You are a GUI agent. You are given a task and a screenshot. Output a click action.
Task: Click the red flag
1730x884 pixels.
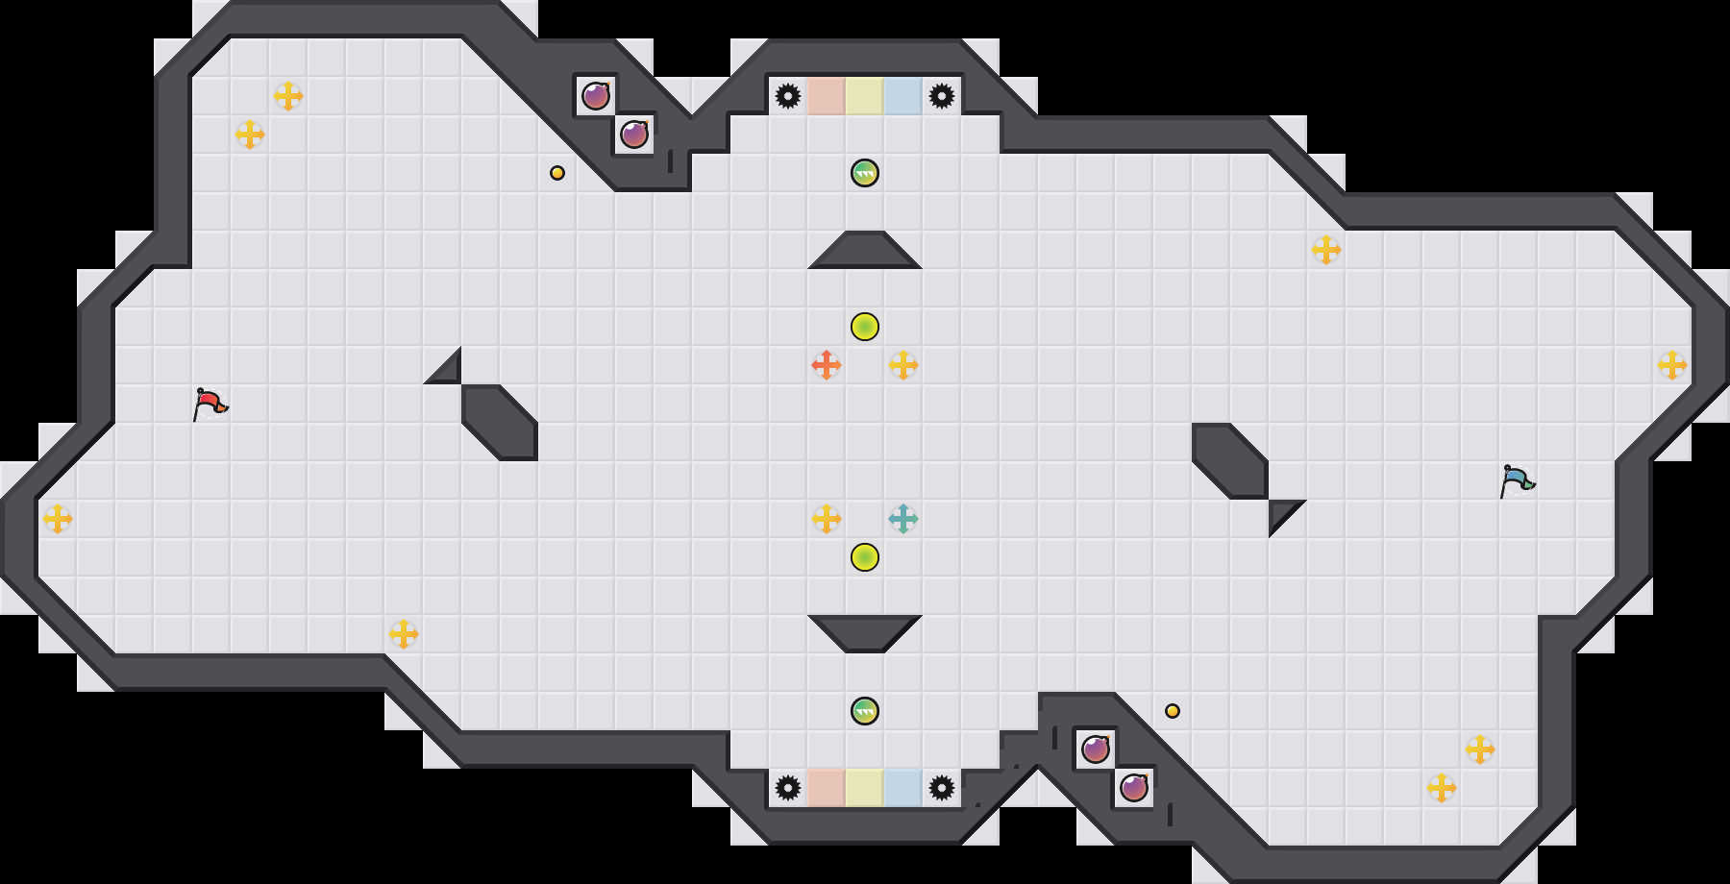click(x=210, y=404)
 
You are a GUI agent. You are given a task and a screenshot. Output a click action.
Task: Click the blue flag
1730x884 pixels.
click(x=1517, y=480)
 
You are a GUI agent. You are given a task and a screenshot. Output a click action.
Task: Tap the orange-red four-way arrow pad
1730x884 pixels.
click(x=826, y=365)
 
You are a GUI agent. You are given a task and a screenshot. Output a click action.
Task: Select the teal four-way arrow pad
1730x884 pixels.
click(x=902, y=519)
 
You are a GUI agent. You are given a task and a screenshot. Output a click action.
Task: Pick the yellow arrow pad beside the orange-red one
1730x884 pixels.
click(x=902, y=365)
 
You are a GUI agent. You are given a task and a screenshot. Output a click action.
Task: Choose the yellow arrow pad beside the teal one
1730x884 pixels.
click(x=826, y=519)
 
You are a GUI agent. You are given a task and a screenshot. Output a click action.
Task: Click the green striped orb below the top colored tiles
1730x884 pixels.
click(x=864, y=173)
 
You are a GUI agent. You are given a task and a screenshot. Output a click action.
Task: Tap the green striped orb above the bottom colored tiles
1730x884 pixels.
click(x=864, y=711)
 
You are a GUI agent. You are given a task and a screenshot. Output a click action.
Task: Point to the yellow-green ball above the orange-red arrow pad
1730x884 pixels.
click(x=864, y=327)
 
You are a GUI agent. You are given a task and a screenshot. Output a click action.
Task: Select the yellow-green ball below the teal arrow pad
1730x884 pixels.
click(x=864, y=557)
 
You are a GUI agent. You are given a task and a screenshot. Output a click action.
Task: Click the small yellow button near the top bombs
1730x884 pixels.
click(x=557, y=173)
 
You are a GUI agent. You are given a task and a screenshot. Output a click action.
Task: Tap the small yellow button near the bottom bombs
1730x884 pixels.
click(x=1173, y=711)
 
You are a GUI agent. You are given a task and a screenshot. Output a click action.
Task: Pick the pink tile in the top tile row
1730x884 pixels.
click(x=826, y=96)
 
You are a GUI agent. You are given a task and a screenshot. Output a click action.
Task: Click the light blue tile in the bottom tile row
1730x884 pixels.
click(x=902, y=788)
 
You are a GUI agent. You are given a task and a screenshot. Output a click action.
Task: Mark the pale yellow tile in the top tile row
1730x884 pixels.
click(x=864, y=96)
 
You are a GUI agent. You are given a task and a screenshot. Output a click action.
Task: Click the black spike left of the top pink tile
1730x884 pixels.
click(x=787, y=96)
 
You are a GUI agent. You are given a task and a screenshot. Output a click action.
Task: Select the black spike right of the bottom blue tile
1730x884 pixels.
click(x=941, y=788)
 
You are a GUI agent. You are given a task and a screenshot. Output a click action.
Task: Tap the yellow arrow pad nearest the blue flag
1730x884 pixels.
click(x=1671, y=365)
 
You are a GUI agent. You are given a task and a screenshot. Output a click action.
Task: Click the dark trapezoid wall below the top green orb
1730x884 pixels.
click(x=864, y=252)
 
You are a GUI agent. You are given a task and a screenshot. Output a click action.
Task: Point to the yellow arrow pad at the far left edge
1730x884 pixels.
click(x=58, y=519)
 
